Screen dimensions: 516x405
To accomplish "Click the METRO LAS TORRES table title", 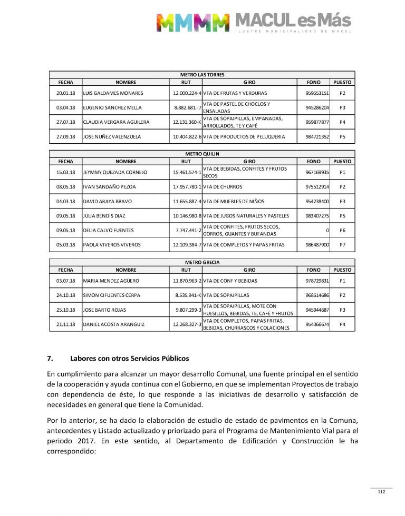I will point(202,75).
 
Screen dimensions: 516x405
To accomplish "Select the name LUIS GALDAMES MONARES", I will point(113,93).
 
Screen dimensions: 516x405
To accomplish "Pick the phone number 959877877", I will point(317,122).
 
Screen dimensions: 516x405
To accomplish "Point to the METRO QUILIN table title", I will point(202,154).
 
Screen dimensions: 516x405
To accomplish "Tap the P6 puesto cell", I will point(342,230).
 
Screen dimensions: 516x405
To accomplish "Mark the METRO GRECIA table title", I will point(202,262).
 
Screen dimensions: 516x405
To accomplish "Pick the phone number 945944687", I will point(317,310).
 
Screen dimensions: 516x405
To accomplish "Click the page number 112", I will point(381,492).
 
